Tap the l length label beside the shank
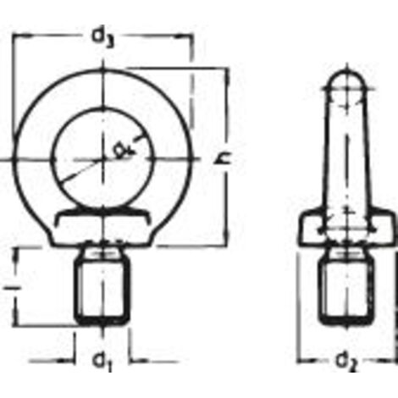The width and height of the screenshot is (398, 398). coord(9,288)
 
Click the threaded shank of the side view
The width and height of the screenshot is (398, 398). coord(346,288)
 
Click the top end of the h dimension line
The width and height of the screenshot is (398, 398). coord(226,69)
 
